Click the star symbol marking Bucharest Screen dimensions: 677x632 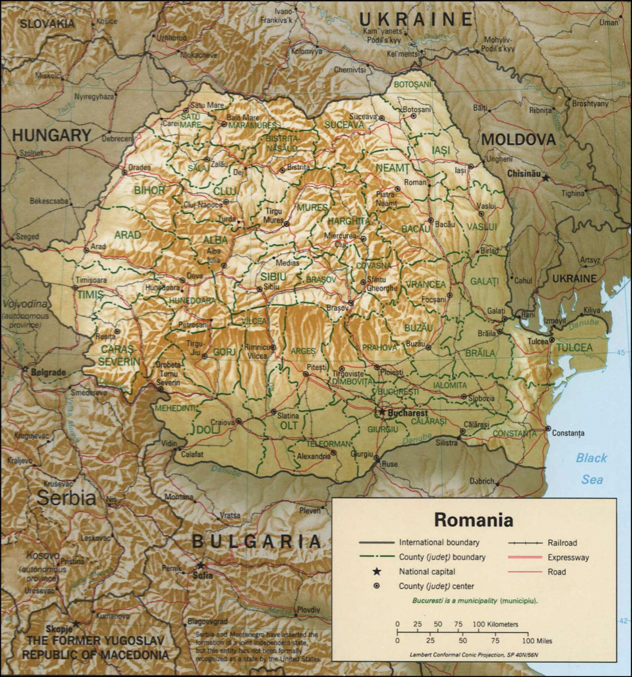tap(382, 412)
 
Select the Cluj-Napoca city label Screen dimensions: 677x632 tap(203, 205)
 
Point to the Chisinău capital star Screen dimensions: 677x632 tap(546, 178)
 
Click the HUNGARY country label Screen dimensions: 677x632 tap(52, 135)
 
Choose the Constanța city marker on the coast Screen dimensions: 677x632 tap(548, 429)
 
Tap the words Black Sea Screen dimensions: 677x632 tap(592, 469)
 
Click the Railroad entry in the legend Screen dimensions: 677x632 tap(562, 543)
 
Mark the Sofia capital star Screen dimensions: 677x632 tap(200, 565)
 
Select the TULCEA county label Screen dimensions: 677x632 tap(575, 347)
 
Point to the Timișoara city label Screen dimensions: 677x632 tap(91, 280)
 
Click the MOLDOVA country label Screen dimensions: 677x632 tap(519, 140)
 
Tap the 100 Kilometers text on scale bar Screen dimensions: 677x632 tap(495, 624)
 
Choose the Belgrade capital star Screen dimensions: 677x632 tap(25, 369)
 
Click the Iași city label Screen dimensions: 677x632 tap(460, 171)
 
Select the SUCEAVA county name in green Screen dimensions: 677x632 tap(344, 125)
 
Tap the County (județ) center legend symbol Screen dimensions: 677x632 tap(377, 586)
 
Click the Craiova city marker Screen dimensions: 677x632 tap(239, 420)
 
